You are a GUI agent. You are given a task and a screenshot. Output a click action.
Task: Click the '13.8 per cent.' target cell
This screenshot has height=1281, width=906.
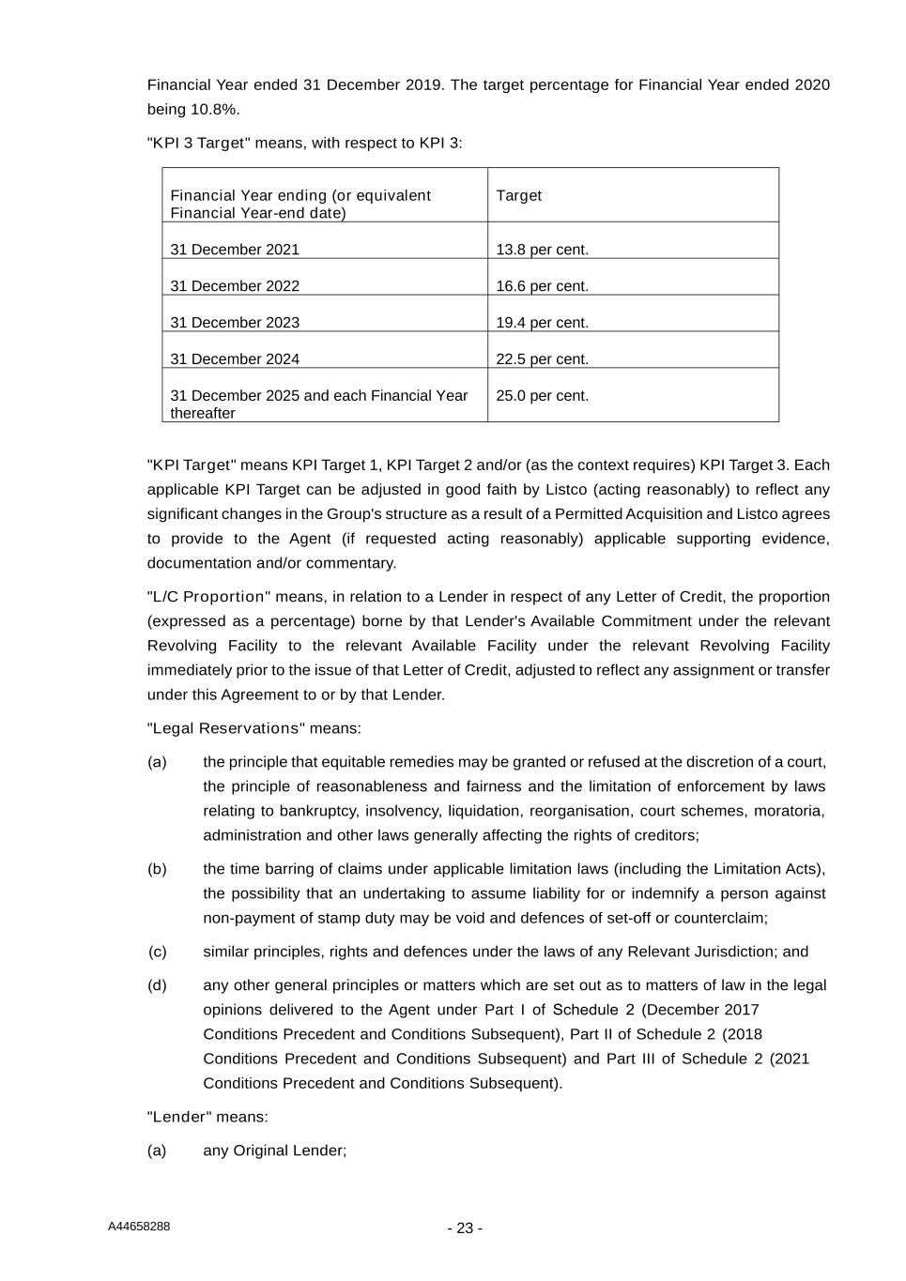(542, 250)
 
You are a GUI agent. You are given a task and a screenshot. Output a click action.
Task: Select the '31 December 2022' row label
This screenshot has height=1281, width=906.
(235, 286)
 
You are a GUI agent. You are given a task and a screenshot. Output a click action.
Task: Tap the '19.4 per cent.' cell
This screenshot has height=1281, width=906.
(542, 323)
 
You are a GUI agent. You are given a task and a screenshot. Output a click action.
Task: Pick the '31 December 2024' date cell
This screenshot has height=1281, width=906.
(235, 359)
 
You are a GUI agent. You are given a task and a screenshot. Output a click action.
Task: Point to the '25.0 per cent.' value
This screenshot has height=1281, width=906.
(542, 396)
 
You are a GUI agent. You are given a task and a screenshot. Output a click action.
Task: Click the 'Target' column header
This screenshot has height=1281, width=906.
(518, 195)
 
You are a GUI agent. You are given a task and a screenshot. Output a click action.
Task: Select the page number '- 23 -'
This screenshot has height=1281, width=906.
(465, 1228)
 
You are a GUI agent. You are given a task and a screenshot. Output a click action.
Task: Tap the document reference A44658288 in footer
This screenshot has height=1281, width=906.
(139, 1227)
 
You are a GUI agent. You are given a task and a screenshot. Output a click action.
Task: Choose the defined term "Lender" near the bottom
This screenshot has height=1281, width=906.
(179, 1117)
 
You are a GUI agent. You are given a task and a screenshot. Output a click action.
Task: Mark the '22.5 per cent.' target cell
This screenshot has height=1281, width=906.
(542, 359)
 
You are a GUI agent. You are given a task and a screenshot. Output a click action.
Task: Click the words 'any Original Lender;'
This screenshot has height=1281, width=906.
(274, 1151)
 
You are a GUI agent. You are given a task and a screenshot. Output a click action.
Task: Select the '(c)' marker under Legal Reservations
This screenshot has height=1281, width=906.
(157, 952)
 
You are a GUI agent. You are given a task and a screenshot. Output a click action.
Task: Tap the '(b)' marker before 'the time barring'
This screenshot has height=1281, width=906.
(157, 869)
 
